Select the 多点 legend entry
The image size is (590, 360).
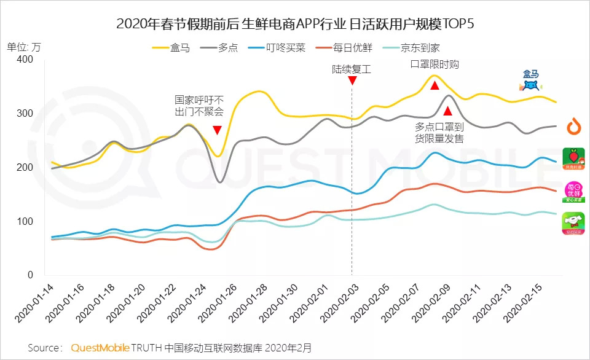coord(221,47)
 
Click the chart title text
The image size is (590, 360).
coord(295,24)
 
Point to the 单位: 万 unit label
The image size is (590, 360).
coord(24,46)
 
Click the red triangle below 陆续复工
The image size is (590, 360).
coord(352,81)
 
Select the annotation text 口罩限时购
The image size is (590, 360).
coord(435,65)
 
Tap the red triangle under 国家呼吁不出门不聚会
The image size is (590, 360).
coord(217,130)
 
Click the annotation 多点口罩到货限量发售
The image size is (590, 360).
coord(439,133)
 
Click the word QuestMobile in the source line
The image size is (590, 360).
coord(100,347)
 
